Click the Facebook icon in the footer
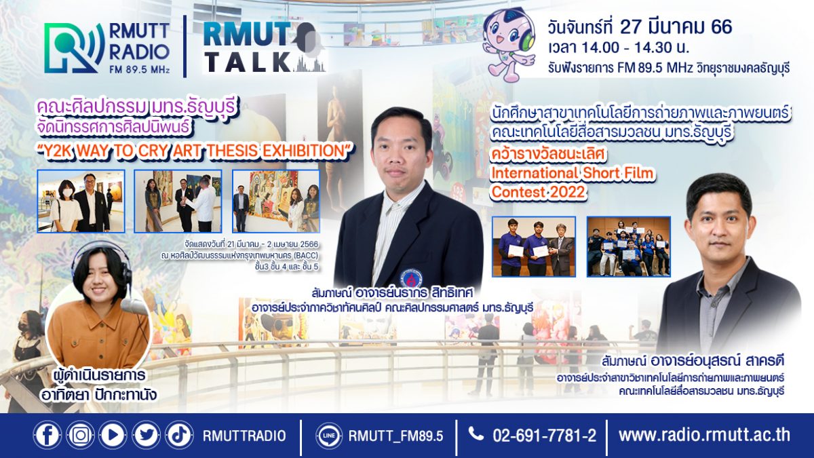point(47,435)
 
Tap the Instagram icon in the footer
point(80,435)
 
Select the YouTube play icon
point(113,435)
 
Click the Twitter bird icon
point(146,435)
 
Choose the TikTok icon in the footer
point(179,435)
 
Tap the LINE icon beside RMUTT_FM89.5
point(329,435)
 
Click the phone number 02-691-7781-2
point(544,436)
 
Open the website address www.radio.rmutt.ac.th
point(704,435)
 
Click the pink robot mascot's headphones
point(526,35)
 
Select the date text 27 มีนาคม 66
point(676,26)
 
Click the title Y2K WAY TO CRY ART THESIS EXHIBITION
point(196,151)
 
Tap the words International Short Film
point(572,173)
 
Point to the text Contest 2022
point(538,192)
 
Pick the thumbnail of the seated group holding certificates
point(629,246)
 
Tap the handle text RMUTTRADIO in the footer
point(244,436)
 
